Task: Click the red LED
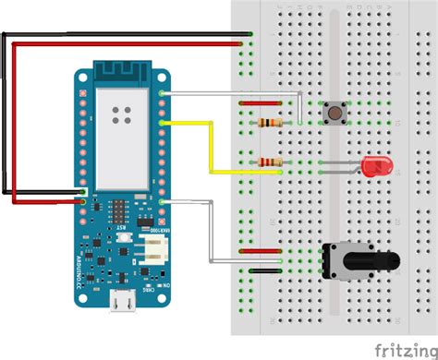point(375,167)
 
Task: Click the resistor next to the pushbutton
point(269,123)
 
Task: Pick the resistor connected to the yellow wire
point(271,162)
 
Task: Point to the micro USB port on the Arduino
point(117,302)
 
